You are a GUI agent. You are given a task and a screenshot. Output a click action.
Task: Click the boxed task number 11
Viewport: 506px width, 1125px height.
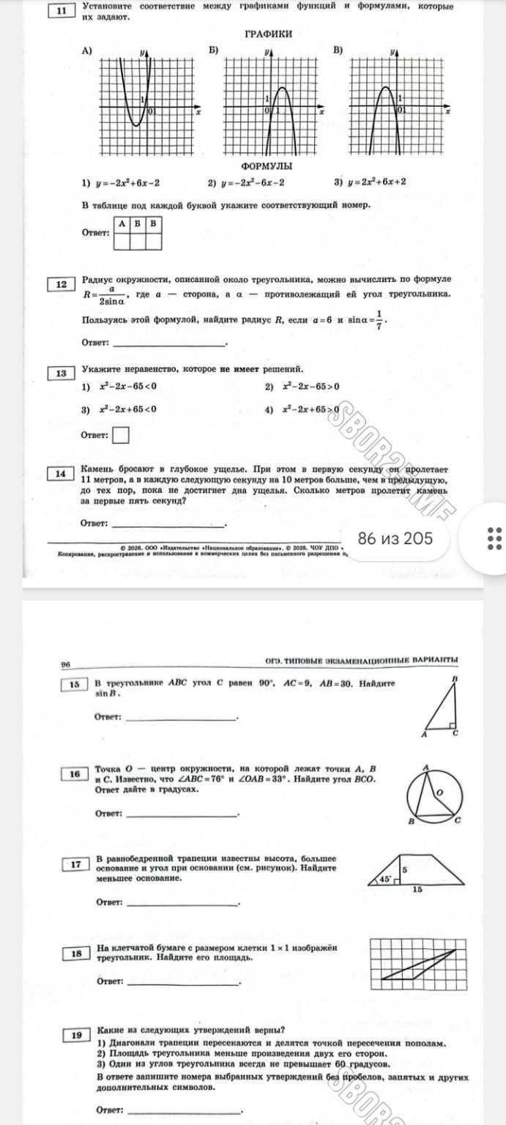[x=62, y=11]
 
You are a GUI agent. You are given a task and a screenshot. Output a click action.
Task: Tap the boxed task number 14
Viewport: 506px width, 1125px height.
[x=62, y=474]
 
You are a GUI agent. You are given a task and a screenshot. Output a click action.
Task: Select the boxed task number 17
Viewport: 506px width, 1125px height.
[x=75, y=864]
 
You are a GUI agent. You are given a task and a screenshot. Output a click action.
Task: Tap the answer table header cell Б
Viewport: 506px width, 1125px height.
[x=138, y=223]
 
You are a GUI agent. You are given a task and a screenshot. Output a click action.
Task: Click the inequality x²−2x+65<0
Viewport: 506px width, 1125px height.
[x=127, y=409]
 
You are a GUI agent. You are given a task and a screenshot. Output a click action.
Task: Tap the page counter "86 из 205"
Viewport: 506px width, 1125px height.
[x=395, y=538]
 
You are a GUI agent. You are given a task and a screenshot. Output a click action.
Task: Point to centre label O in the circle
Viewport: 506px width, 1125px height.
[x=439, y=792]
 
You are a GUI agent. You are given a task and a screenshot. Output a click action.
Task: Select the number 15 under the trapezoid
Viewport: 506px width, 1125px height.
[x=417, y=889]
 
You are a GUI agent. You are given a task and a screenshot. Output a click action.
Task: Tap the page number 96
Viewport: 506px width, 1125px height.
[x=65, y=664]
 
